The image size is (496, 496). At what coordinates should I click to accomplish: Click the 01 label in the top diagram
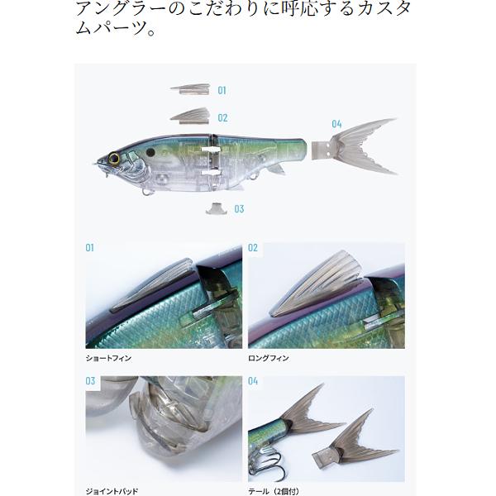point(222,91)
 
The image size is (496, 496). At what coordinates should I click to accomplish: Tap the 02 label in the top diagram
point(222,118)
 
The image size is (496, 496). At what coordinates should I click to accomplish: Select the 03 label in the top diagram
point(239,209)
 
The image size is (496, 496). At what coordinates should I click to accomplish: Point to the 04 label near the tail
point(336,124)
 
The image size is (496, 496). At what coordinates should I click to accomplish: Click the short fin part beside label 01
point(192,88)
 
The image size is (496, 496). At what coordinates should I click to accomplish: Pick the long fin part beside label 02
point(193,116)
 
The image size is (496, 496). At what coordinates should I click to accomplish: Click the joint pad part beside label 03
point(217,207)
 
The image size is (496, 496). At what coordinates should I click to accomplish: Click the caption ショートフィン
point(108,358)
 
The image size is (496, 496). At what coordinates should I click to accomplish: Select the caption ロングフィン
point(269,358)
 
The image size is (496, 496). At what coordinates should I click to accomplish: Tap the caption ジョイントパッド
point(112,491)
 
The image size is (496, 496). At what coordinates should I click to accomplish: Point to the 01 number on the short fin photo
point(90,248)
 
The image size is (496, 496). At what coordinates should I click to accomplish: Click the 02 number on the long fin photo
point(253,248)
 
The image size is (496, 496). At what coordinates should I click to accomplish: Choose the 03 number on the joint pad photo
point(90,382)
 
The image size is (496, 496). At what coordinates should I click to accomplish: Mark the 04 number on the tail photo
point(253,382)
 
